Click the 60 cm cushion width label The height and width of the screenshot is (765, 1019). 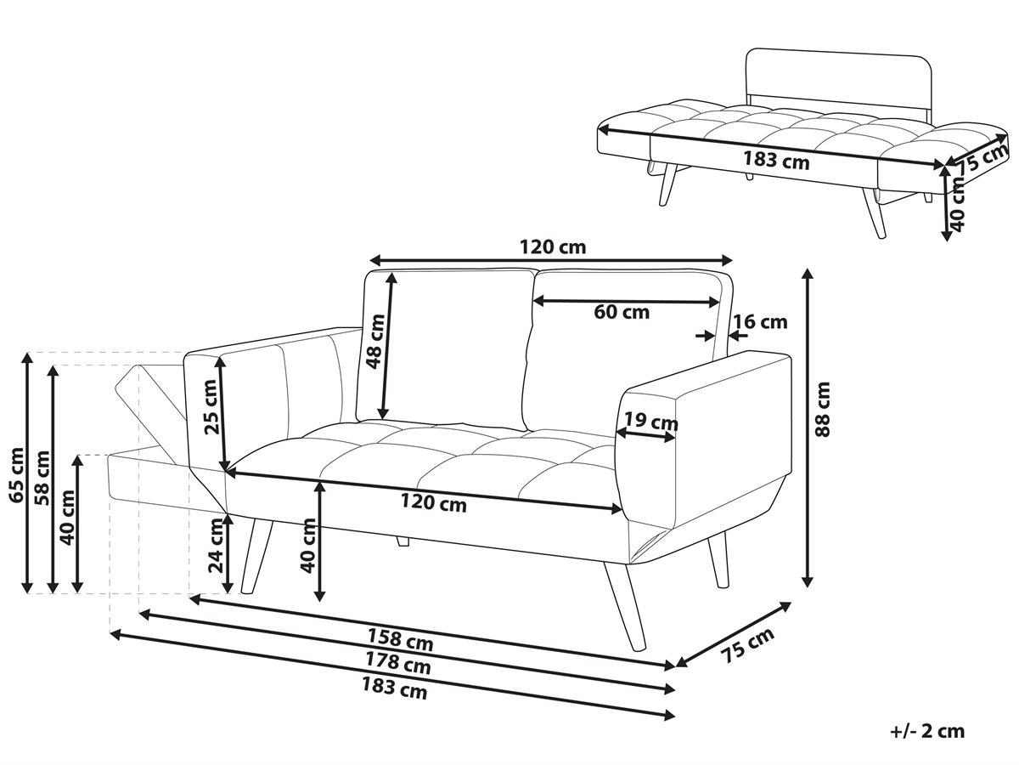[621, 312]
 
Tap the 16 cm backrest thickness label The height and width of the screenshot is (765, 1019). [760, 321]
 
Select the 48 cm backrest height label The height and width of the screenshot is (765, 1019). [375, 341]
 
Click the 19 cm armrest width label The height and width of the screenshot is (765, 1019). [650, 422]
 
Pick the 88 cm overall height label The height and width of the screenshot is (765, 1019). [822, 409]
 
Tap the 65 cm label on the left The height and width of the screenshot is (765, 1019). [16, 475]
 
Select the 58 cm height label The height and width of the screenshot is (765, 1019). [42, 478]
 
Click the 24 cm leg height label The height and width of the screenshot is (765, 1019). [216, 546]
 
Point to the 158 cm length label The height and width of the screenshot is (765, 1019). [400, 639]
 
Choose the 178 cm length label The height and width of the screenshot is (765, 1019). [398, 663]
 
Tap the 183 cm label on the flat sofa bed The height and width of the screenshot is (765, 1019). [777, 160]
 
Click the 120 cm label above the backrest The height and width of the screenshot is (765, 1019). [553, 246]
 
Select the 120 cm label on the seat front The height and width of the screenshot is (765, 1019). [434, 502]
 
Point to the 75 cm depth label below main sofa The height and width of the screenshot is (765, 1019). [747, 645]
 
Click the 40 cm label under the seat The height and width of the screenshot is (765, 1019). [307, 546]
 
